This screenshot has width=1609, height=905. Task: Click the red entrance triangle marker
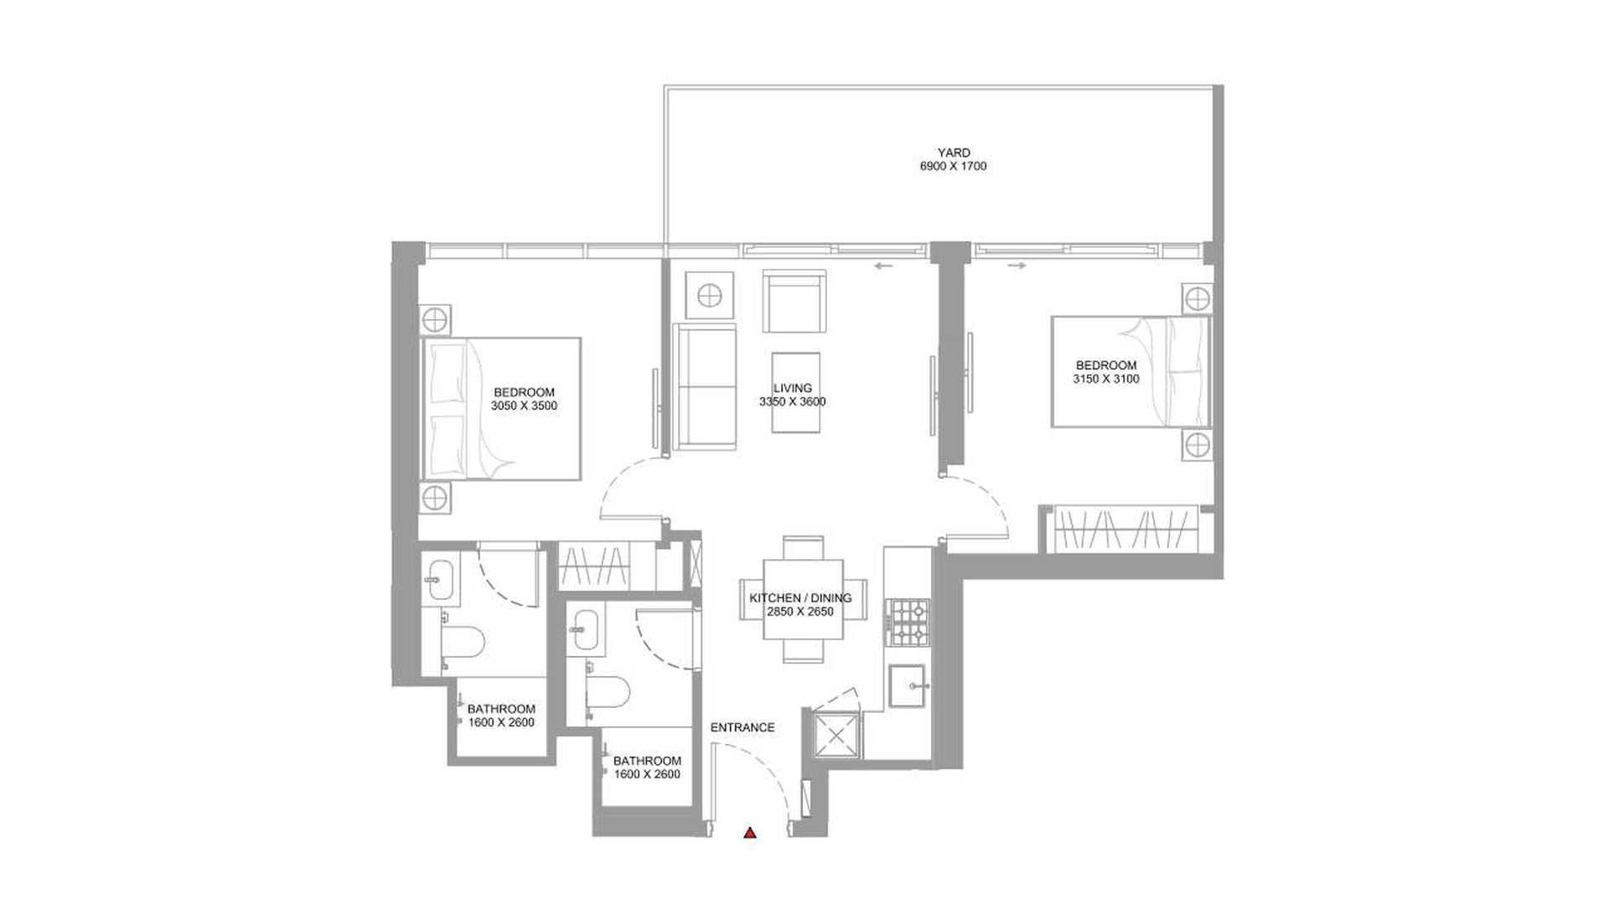tap(750, 833)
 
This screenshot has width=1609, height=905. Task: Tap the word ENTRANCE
tap(742, 727)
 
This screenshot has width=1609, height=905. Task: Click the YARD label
tap(954, 153)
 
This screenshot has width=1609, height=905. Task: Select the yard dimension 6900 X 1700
tap(953, 166)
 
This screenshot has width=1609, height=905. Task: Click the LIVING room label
tap(793, 388)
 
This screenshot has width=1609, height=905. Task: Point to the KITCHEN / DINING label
tap(800, 598)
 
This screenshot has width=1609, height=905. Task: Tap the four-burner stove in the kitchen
tap(909, 623)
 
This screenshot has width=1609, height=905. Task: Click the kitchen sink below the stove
tap(908, 686)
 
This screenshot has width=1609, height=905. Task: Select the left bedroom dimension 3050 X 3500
tap(524, 406)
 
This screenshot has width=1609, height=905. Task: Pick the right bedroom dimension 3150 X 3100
tap(1106, 379)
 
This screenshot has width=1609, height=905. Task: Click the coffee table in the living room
tap(795, 392)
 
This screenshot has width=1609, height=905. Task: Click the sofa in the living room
tap(706, 387)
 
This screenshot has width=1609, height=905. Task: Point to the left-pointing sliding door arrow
tap(883, 266)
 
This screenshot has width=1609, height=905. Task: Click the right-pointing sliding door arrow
tap(1017, 266)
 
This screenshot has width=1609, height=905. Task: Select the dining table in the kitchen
tap(804, 600)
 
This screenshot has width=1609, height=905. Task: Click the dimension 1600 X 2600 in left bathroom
tap(501, 722)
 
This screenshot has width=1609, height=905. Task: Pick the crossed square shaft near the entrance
tap(837, 737)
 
